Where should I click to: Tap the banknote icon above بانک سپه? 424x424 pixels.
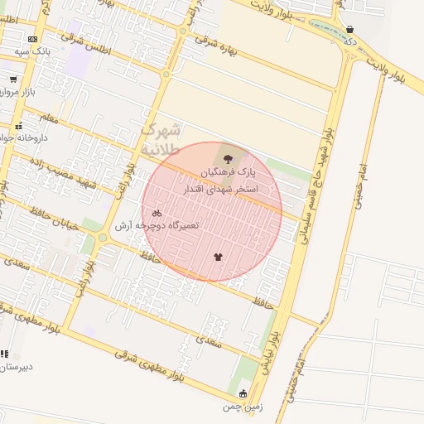[x=32, y=39]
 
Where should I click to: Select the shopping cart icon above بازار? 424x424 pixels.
[x=13, y=79]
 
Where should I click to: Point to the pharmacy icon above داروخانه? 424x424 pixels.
[x=18, y=127]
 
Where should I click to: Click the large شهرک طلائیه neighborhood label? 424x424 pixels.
[x=161, y=140]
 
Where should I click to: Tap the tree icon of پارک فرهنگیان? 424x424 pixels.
[x=228, y=157]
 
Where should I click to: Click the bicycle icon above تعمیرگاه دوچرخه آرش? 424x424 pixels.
[x=157, y=213]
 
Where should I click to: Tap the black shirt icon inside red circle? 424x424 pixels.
[x=218, y=257]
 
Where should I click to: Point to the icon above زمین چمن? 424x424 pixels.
[x=243, y=393]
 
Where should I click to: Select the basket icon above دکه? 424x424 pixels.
[x=350, y=29]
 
